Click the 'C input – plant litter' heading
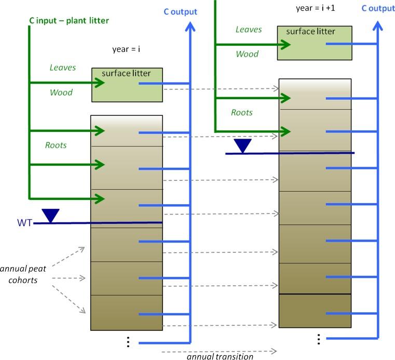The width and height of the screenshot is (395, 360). tap(69, 21)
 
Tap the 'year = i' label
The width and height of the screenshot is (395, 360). tap(127, 49)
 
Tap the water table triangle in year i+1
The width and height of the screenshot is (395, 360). tap(242, 145)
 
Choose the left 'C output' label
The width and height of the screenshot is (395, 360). tap(181, 11)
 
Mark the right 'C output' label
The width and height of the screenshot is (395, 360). tap(378, 8)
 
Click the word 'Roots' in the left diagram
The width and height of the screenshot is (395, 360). tap(56, 145)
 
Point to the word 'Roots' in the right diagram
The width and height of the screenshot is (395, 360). tap(242, 112)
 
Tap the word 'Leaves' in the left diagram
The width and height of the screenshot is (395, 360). tap(63, 68)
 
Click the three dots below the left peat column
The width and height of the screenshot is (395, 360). tap(128, 342)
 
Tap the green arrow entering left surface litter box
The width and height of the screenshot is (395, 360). tap(99, 83)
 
